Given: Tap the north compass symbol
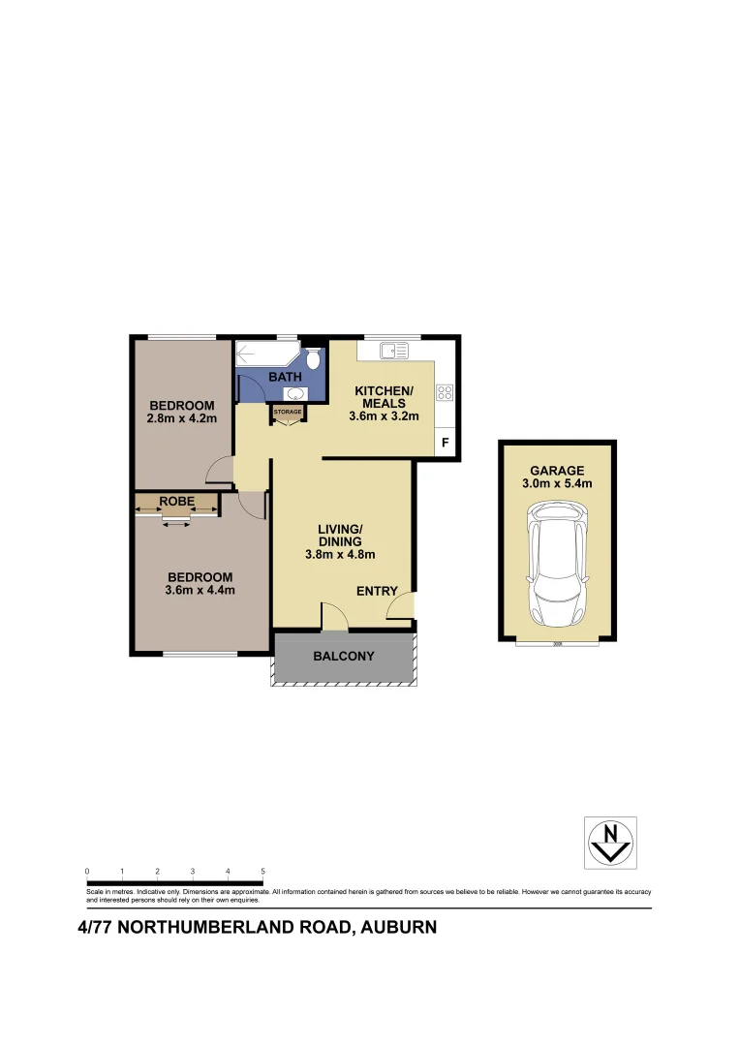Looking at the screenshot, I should (610, 841).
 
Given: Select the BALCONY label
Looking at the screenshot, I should (343, 657).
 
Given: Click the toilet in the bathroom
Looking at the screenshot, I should (313, 360).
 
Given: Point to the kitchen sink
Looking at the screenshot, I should (392, 350).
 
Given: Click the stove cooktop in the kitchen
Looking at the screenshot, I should (445, 392).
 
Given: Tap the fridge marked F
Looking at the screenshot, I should (446, 443).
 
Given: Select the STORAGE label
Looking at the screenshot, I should (288, 412).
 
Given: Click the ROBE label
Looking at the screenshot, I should (177, 501).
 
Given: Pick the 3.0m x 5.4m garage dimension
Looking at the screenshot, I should (557, 483).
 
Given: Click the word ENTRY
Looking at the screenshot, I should (378, 591).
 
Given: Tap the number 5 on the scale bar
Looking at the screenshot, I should (262, 872).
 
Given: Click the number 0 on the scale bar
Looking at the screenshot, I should (87, 872).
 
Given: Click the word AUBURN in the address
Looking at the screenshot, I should (397, 927).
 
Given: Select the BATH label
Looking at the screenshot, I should (285, 376).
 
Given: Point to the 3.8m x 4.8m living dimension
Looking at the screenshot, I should (340, 555).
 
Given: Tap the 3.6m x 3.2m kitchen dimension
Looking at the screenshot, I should (384, 416).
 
